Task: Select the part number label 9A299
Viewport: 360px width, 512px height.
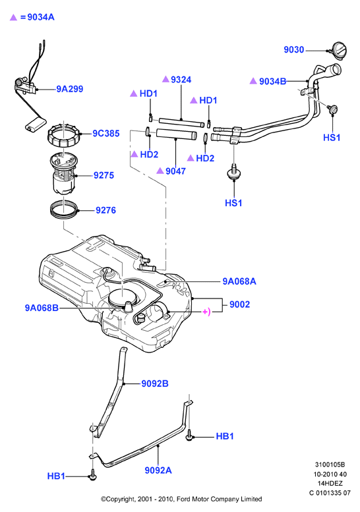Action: tap(70, 89)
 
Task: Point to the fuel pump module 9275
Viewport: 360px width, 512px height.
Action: tap(63, 175)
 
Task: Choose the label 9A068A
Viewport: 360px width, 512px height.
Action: tap(239, 281)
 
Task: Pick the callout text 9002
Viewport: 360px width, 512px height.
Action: tap(239, 304)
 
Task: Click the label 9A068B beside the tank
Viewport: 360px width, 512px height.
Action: tap(42, 308)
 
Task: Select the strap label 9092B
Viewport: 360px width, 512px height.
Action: tap(155, 384)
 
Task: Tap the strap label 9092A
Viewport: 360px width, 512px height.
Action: tap(158, 470)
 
